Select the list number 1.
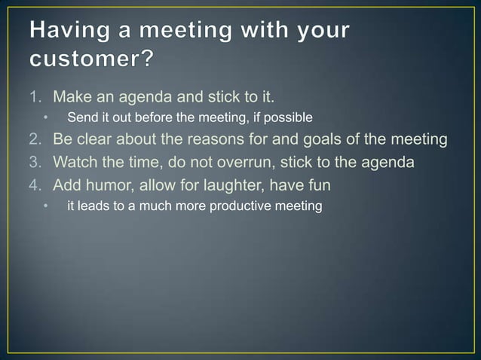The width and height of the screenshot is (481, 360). (x=36, y=97)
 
